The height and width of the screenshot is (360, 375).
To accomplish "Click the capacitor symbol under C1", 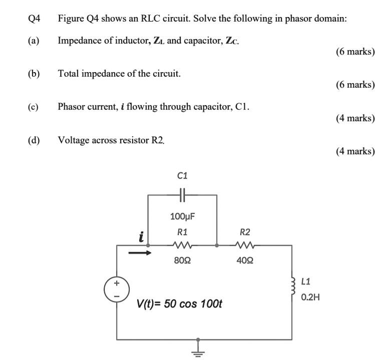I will [182, 195].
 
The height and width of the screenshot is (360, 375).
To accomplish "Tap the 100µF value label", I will [182, 217].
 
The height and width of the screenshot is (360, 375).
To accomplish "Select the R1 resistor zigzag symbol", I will [182, 246].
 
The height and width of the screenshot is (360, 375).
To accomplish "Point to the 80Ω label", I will [182, 260].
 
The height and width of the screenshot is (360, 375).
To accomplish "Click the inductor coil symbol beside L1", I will [292, 288].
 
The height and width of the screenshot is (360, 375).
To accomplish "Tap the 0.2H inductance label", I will [310, 297].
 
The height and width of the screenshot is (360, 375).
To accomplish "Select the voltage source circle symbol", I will [117, 289].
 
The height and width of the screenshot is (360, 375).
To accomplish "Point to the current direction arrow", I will [140, 253].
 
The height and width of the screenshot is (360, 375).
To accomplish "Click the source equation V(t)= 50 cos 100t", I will [180, 304].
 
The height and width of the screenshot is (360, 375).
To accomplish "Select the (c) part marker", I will [34, 107].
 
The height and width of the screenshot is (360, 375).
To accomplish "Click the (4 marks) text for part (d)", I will [355, 151].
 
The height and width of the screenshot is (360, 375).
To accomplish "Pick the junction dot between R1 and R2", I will [216, 246].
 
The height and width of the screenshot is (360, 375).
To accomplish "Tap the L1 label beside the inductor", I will [307, 281].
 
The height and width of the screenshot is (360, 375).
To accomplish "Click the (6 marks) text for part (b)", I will [355, 85].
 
